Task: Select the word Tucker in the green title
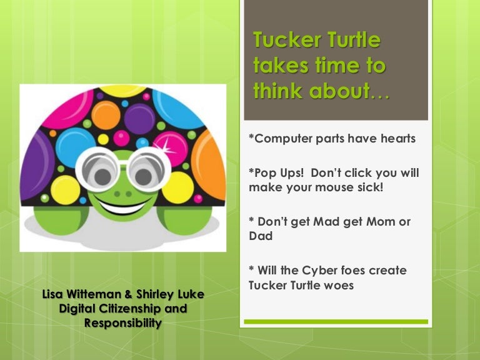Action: [283, 41]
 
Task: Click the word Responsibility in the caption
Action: [122, 323]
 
